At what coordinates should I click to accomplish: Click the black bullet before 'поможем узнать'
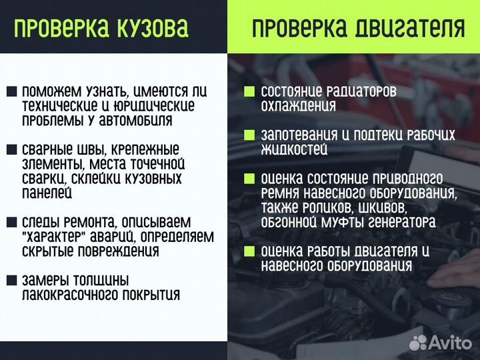(x=12, y=92)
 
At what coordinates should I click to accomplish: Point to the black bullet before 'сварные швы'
(x=12, y=150)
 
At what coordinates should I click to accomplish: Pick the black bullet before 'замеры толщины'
(x=12, y=280)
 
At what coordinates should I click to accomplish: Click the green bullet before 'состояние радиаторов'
(x=249, y=91)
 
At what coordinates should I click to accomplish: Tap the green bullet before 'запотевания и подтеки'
(x=249, y=135)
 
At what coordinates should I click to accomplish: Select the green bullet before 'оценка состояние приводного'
(x=249, y=179)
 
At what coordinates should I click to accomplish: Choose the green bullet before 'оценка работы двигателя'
(x=249, y=251)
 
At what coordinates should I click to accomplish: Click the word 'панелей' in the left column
(x=47, y=193)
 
